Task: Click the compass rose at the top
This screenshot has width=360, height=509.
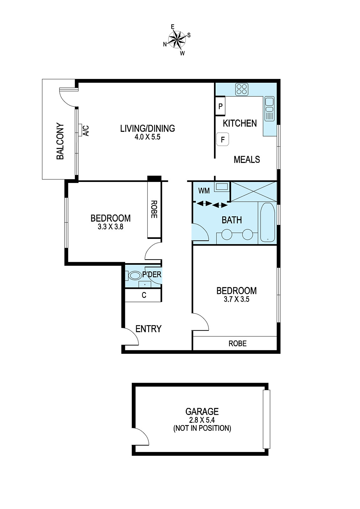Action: (x=177, y=40)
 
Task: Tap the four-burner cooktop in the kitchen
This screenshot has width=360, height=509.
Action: (x=242, y=89)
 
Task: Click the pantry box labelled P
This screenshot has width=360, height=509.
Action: (x=220, y=106)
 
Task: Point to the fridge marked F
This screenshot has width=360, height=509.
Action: (x=223, y=139)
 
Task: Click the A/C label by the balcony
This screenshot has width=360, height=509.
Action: (x=86, y=130)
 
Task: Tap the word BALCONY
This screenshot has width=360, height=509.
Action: (x=60, y=141)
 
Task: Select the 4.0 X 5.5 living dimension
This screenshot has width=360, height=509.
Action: (x=147, y=137)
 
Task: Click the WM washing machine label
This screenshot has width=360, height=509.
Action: (x=204, y=191)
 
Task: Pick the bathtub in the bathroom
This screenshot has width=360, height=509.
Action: (x=267, y=222)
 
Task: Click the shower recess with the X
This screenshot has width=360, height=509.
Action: (x=253, y=192)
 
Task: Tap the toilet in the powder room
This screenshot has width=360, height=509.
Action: (x=135, y=275)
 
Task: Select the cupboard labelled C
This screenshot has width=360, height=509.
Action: (x=144, y=295)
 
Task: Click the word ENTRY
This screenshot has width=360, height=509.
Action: (x=148, y=329)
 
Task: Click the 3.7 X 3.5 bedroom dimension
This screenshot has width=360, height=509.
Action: (x=236, y=299)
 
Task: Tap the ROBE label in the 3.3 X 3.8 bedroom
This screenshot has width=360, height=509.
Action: (x=154, y=209)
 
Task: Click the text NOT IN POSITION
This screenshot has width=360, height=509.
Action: (x=202, y=428)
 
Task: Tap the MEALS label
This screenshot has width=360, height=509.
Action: (x=247, y=159)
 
